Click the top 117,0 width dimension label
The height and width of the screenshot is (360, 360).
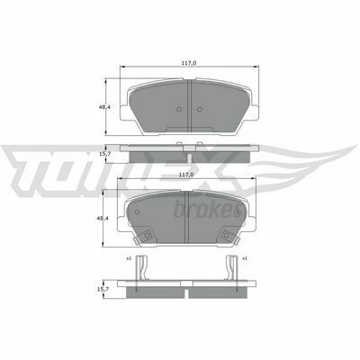pos(189,63)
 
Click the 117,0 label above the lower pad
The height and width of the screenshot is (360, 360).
pos(186,175)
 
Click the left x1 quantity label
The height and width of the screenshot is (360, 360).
pos(129,258)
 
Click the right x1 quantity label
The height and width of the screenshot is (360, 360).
pos(245,258)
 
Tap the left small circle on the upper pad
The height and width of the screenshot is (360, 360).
pos(179,110)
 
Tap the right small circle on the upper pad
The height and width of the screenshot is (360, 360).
pos(200,110)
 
